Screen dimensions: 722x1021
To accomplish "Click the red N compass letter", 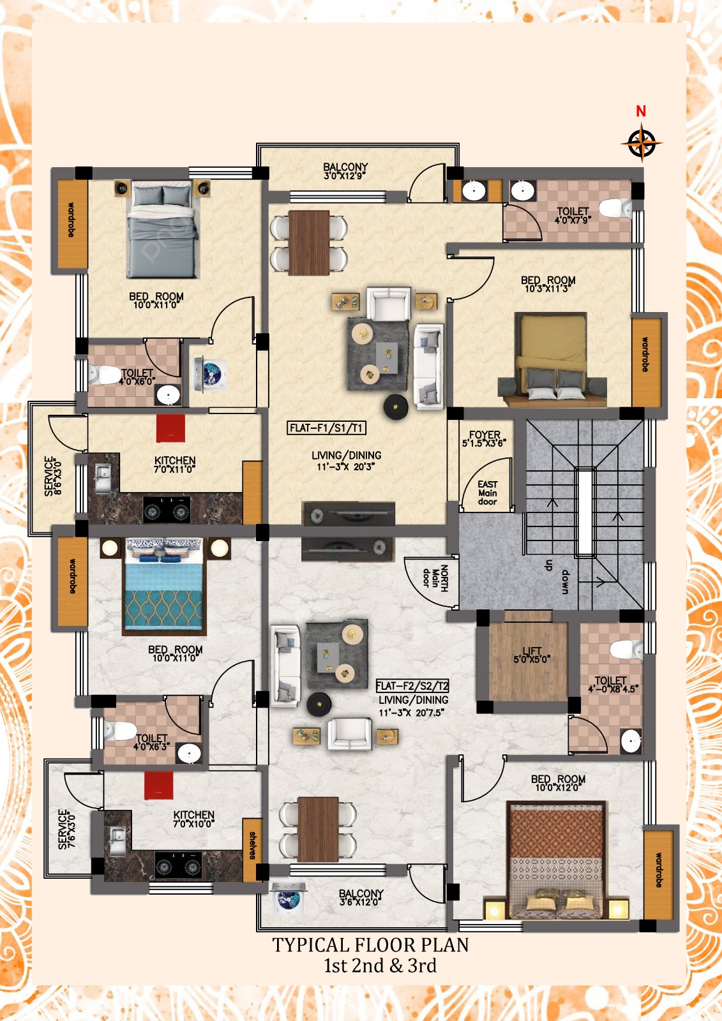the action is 641,111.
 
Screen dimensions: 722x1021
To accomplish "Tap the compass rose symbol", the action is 642,144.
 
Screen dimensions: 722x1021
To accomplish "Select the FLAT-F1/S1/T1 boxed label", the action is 326,428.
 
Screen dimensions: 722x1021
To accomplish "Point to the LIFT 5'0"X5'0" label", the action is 532,655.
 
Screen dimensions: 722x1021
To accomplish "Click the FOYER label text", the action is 485,435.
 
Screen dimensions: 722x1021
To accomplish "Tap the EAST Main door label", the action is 488,493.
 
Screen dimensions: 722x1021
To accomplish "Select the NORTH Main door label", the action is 435,578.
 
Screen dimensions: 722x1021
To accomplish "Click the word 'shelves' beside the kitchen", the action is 252,846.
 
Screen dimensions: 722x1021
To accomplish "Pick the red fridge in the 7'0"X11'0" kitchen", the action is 170,428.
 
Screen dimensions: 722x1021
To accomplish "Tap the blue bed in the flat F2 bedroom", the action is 163,586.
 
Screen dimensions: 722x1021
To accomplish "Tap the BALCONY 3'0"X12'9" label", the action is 345,171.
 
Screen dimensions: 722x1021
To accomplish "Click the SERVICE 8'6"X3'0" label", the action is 52,476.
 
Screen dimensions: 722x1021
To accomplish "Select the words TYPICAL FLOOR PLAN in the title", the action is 370,945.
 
